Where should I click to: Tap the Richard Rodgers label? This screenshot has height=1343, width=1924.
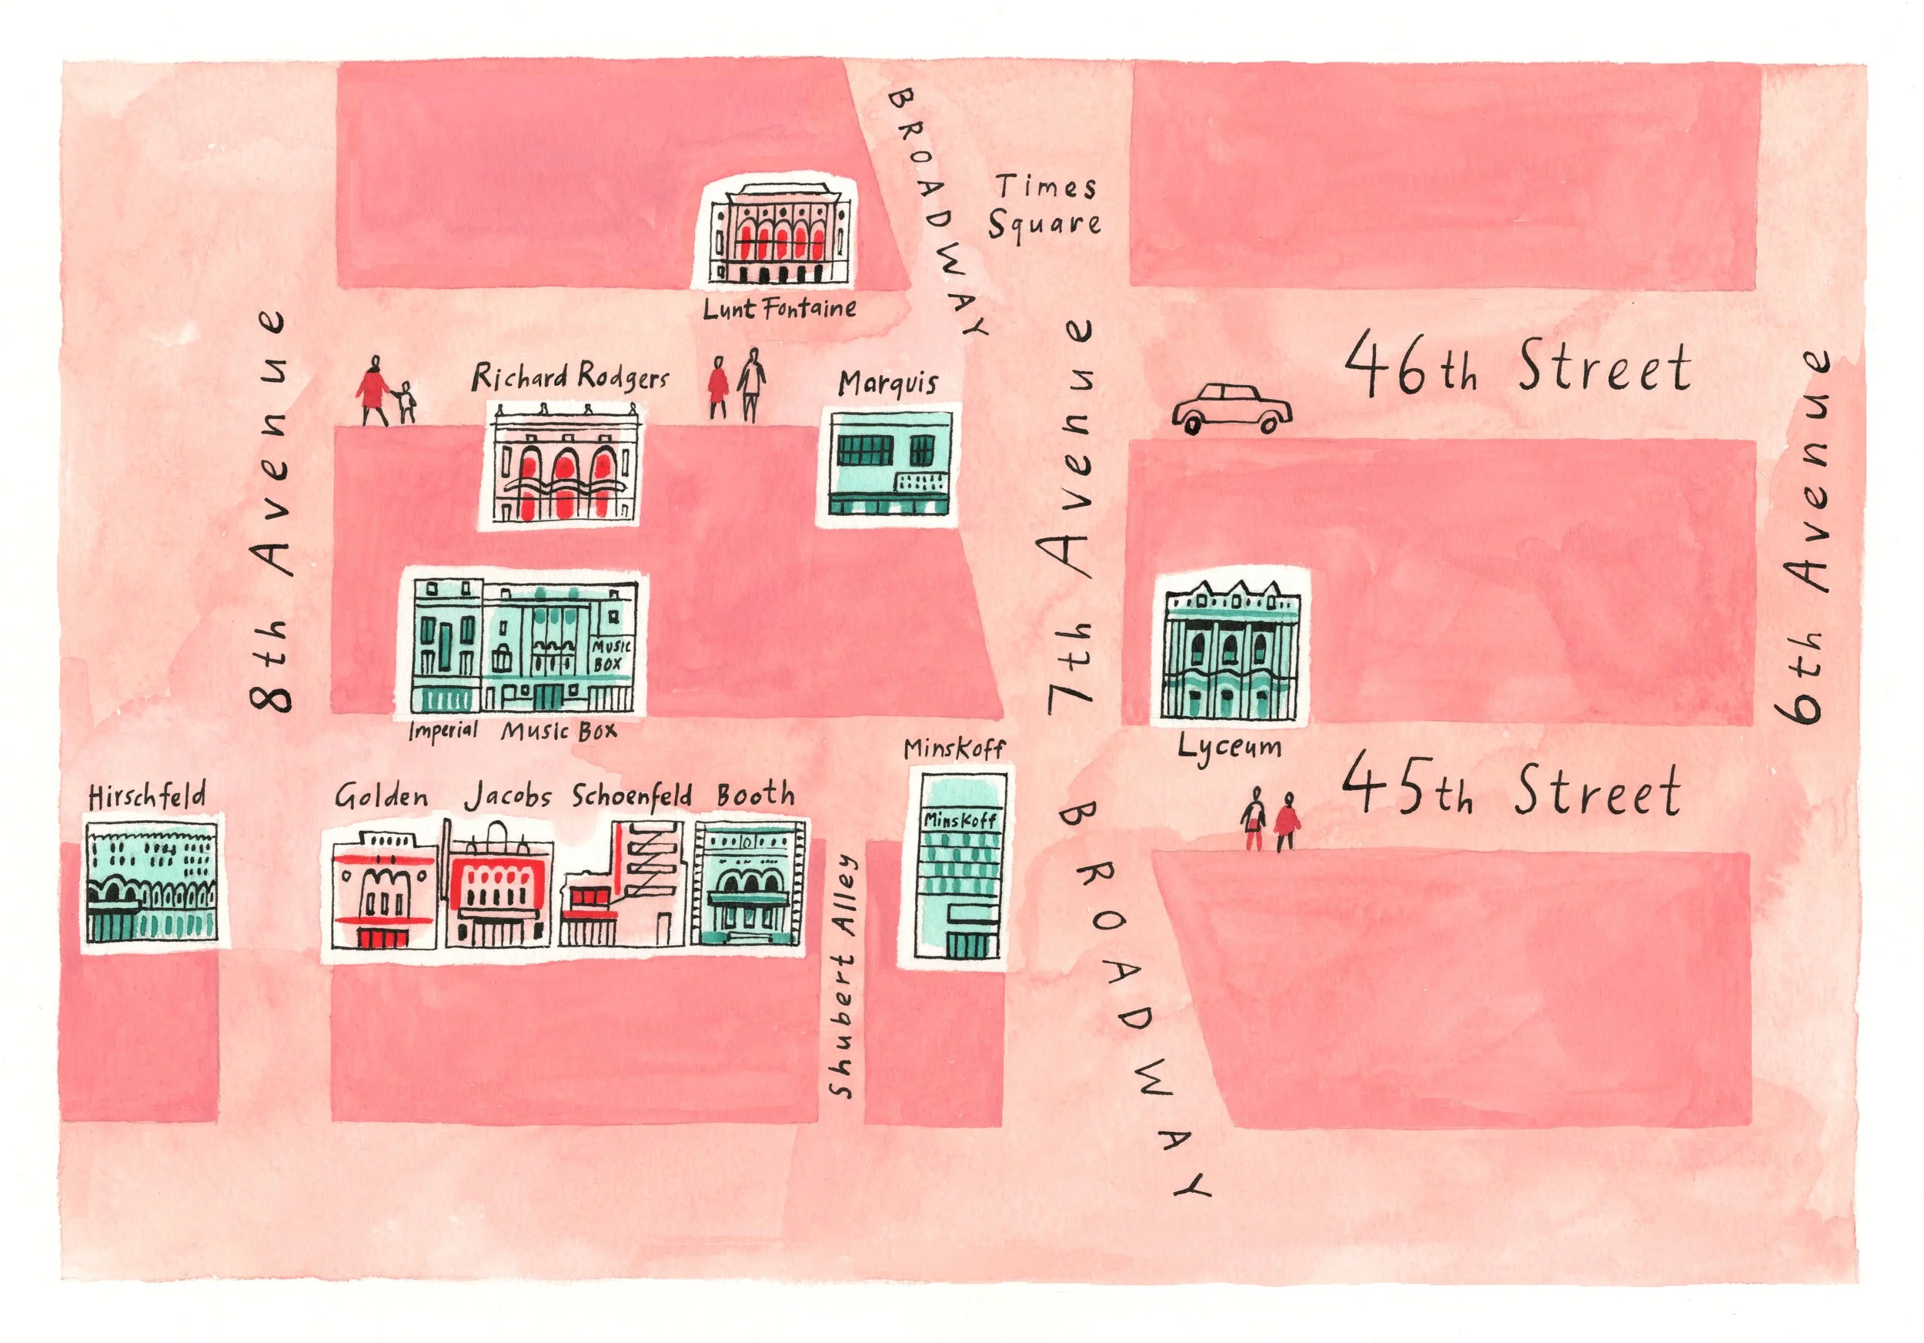coord(570,377)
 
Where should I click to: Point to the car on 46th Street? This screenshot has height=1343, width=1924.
coord(1231,408)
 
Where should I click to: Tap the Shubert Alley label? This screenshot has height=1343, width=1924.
coord(843,976)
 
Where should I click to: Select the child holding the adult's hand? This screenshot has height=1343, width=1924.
coord(406,403)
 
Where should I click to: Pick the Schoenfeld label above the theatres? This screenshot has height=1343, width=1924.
coord(632,795)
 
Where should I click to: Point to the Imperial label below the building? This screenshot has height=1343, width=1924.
coord(443,730)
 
